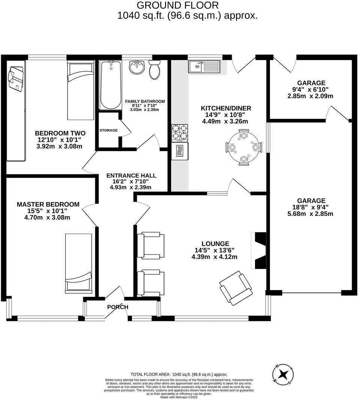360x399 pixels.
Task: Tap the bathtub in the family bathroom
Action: point(111,85)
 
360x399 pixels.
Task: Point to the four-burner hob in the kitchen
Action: point(180,133)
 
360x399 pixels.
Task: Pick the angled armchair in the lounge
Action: point(235,288)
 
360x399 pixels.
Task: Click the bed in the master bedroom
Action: point(78,263)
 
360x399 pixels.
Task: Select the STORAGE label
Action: point(108,130)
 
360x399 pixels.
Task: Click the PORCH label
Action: point(117,307)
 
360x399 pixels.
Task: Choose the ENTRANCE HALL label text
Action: point(131,175)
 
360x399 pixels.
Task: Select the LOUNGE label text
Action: point(214,244)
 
